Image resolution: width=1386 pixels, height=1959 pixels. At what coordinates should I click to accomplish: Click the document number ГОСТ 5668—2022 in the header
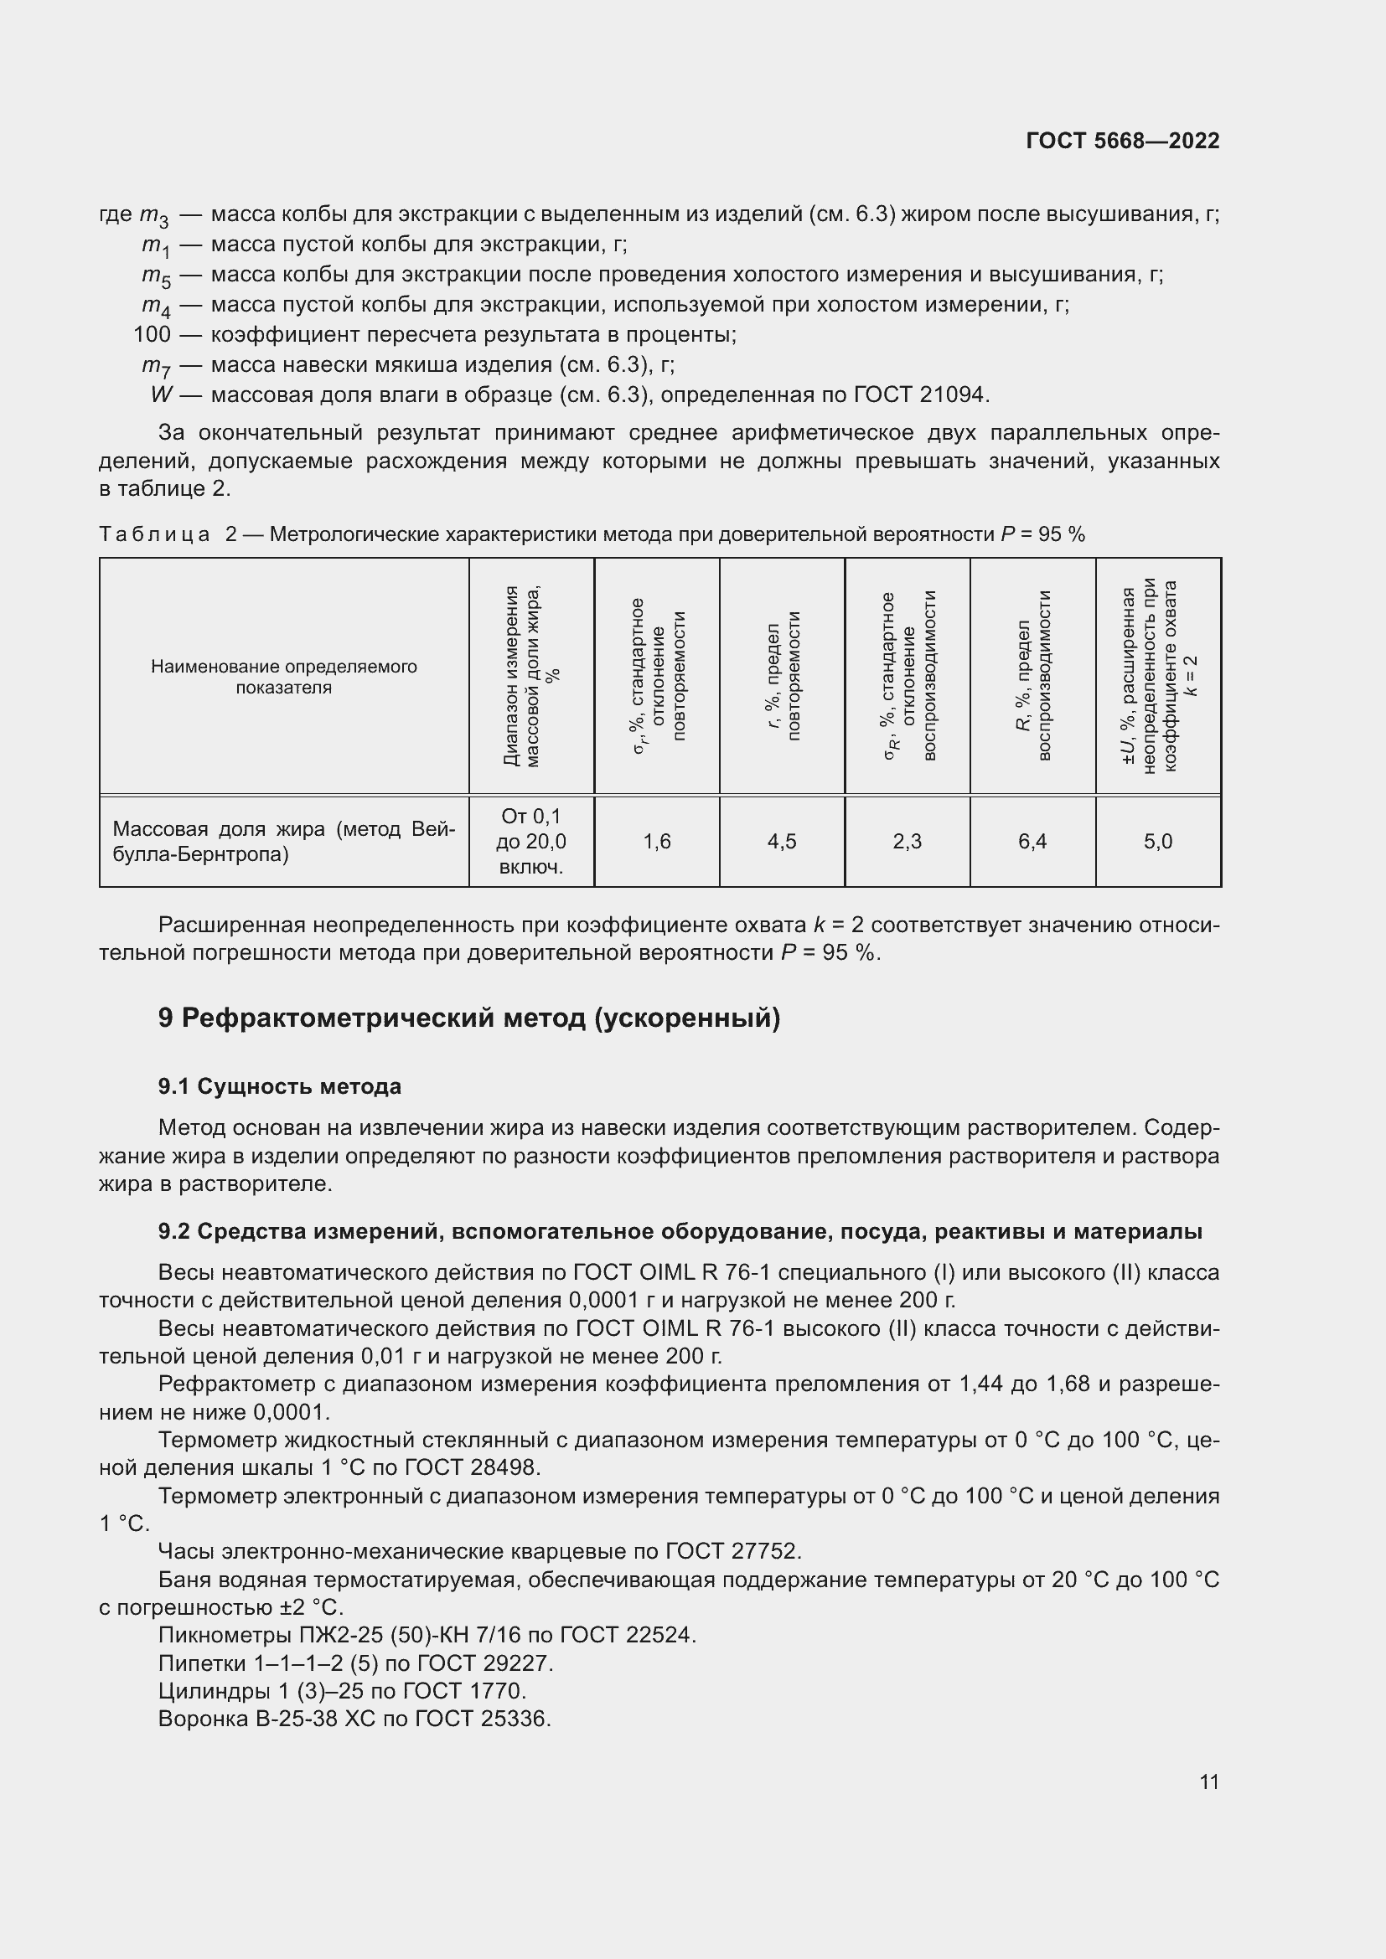(1122, 142)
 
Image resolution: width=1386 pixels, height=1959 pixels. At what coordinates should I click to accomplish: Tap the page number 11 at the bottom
(1208, 1781)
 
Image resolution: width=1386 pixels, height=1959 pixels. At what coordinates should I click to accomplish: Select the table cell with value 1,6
(656, 842)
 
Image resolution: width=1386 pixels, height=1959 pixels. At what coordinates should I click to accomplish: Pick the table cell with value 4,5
(782, 842)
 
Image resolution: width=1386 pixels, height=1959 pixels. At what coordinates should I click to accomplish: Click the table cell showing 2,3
(908, 842)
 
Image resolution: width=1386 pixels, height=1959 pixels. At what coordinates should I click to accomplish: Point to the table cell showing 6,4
(1032, 842)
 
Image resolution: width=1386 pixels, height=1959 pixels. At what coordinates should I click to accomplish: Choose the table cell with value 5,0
(1157, 842)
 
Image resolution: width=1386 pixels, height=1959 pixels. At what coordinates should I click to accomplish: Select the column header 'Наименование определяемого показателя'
(283, 677)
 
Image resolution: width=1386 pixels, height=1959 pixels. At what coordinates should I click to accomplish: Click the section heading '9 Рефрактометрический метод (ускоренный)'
(468, 1018)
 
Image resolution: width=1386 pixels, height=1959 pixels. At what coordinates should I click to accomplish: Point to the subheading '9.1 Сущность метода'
(279, 1086)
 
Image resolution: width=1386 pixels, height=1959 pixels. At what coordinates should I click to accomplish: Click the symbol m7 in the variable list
(156, 366)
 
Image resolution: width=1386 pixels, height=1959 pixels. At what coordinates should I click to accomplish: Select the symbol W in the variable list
(160, 394)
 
